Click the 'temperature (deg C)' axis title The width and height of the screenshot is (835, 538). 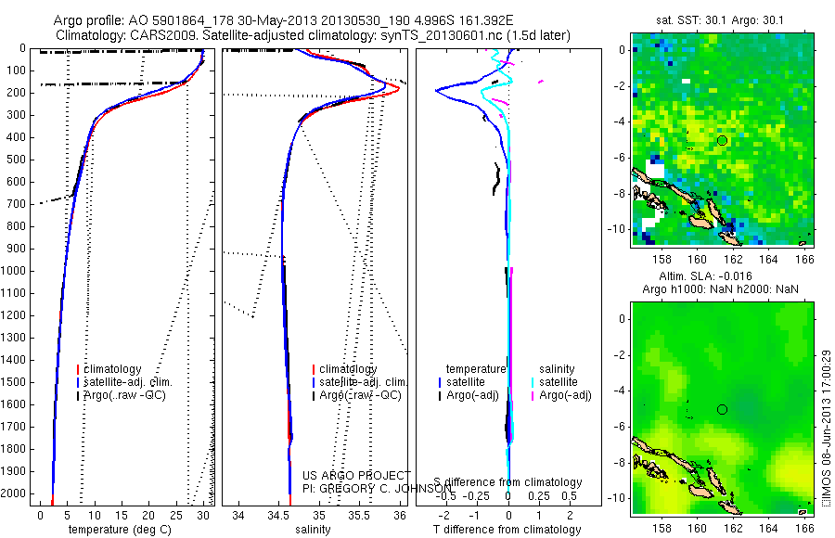119,530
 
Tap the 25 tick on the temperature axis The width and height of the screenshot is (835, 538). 175,514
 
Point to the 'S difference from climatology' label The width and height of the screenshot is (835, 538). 508,482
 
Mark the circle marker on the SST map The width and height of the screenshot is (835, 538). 722,140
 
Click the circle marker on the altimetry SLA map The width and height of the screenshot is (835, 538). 722,409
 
